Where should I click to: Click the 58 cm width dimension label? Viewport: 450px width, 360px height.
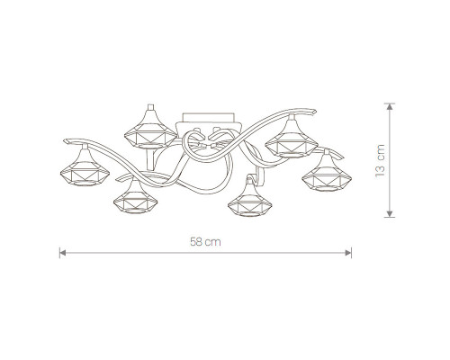[x=205, y=242]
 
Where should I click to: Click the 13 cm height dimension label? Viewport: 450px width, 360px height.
[x=380, y=161]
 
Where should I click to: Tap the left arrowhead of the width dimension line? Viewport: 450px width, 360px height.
[x=62, y=253]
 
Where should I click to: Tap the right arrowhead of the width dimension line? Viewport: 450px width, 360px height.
[x=348, y=253]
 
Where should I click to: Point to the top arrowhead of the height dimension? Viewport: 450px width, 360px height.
[x=390, y=106]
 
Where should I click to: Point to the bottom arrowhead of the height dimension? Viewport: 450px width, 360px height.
[x=390, y=213]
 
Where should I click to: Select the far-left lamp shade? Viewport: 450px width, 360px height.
[x=85, y=168]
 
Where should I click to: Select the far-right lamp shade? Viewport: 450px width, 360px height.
[x=327, y=174]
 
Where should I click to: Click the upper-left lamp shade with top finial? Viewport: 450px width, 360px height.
[x=150, y=129]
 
